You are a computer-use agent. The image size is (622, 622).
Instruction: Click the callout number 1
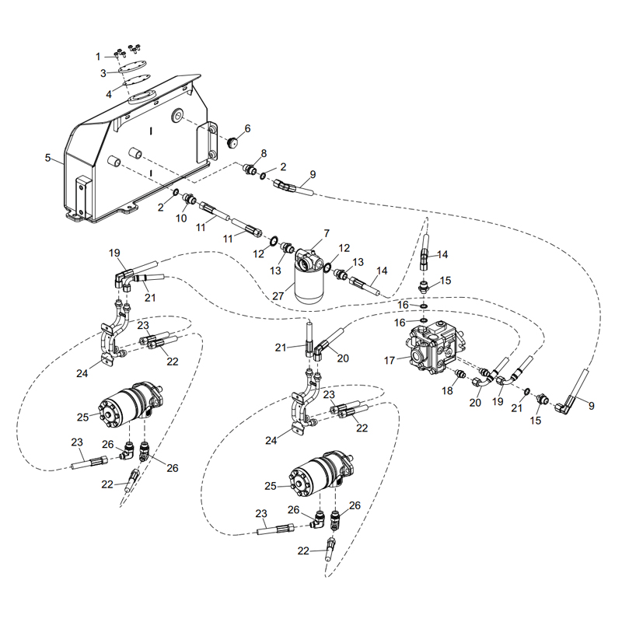pyautogui.click(x=98, y=56)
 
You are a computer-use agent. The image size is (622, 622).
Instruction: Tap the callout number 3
pyautogui.click(x=103, y=73)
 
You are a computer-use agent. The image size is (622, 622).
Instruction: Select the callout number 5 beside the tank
pyautogui.click(x=48, y=158)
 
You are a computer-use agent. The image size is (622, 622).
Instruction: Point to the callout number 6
pyautogui.click(x=247, y=128)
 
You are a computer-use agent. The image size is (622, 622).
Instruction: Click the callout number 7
pyautogui.click(x=327, y=232)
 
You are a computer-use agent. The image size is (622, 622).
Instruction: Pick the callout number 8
pyautogui.click(x=264, y=153)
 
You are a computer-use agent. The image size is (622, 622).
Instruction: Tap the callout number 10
pyautogui.click(x=180, y=218)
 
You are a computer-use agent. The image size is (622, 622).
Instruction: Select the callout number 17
pyautogui.click(x=391, y=359)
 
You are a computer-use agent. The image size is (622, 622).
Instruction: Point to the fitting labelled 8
pyautogui.click(x=251, y=169)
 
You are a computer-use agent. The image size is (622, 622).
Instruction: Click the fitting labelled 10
pyautogui.click(x=189, y=201)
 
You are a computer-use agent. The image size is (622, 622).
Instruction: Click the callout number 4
pyautogui.click(x=109, y=94)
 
